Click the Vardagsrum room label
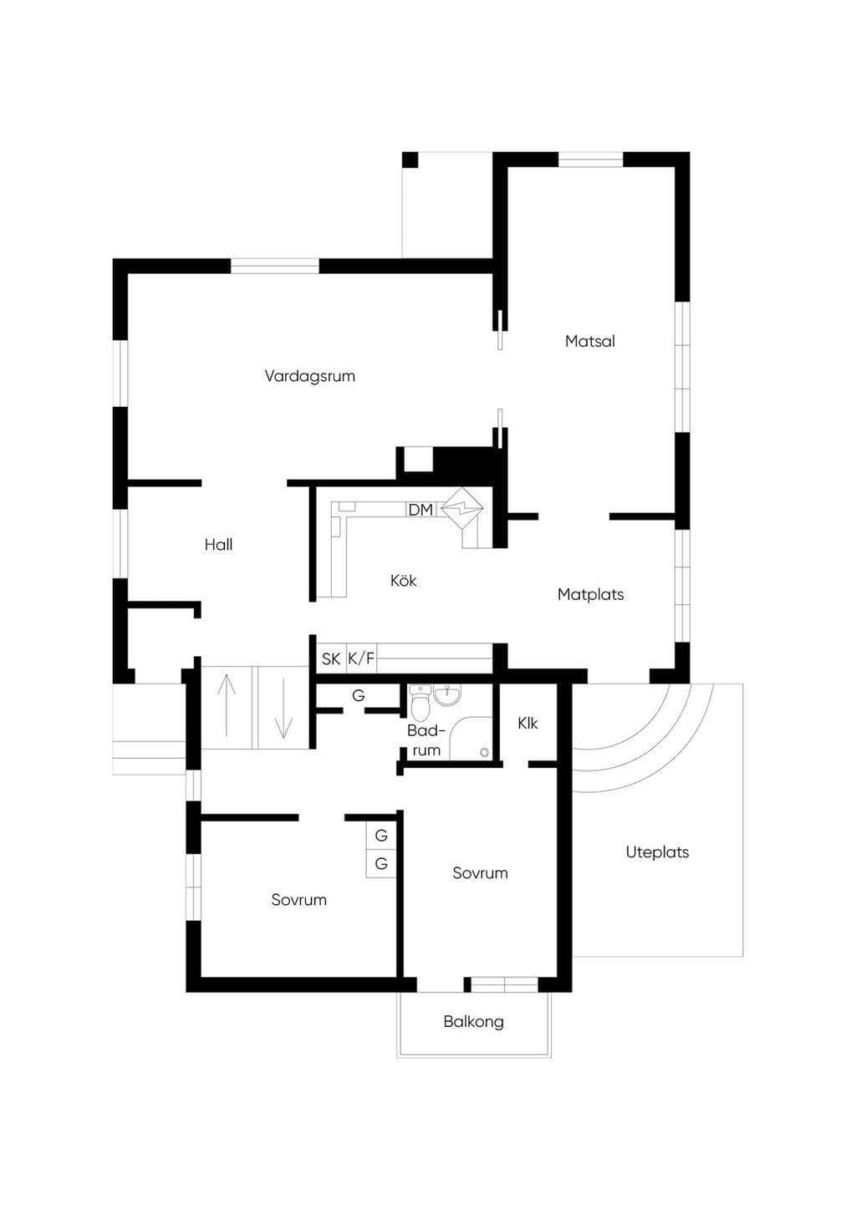(x=309, y=376)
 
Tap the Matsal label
(x=590, y=342)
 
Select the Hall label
(x=218, y=545)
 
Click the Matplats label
(x=591, y=595)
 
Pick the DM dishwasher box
(x=420, y=510)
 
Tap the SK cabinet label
(x=331, y=659)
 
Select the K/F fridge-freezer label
(x=361, y=659)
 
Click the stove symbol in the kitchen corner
(x=462, y=508)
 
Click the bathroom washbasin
(x=449, y=694)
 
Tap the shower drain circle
(x=484, y=751)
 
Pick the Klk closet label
(x=527, y=724)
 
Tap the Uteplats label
(x=657, y=852)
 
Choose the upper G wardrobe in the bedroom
(x=381, y=836)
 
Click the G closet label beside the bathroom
(x=359, y=696)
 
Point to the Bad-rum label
(x=426, y=740)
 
